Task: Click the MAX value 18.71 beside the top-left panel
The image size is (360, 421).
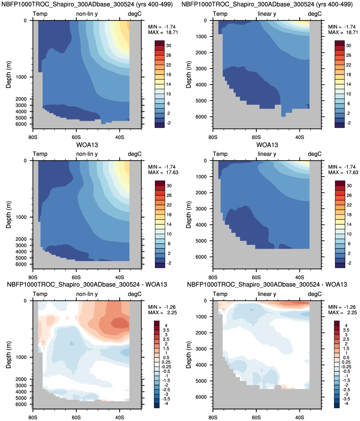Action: click(x=172, y=32)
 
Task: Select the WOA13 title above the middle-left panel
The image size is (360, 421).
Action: click(x=87, y=145)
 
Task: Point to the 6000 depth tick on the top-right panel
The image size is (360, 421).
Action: click(x=201, y=117)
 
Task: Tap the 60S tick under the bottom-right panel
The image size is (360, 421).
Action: click(x=256, y=417)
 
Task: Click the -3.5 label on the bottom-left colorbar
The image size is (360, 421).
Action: click(x=166, y=399)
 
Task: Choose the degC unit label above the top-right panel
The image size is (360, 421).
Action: click(x=315, y=14)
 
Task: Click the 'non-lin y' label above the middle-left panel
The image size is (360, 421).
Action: click(x=87, y=154)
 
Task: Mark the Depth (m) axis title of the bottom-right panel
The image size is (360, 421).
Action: click(x=189, y=355)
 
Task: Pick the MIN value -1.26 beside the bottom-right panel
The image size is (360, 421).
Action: click(x=350, y=307)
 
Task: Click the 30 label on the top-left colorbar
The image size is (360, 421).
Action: click(x=169, y=45)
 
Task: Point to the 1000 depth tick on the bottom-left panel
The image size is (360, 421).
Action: click(x=21, y=357)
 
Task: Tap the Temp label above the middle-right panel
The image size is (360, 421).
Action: click(x=220, y=154)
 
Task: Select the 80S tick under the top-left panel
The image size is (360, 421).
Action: click(x=33, y=137)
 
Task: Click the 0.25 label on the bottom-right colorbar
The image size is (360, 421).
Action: click(x=346, y=362)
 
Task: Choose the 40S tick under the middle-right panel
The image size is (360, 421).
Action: click(x=300, y=277)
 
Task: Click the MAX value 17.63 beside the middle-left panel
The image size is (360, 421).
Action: click(x=172, y=173)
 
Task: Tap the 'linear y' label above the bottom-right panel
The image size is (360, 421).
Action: click(x=267, y=294)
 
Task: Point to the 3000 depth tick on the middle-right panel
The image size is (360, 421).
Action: click(x=201, y=209)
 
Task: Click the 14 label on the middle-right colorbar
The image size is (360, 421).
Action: click(x=349, y=224)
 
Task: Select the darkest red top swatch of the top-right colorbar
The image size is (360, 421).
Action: click(x=340, y=43)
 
